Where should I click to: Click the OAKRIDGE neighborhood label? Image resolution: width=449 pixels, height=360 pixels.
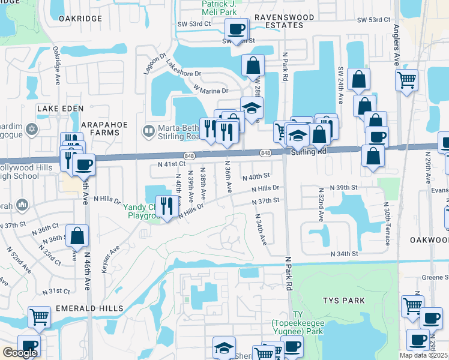(x=81, y=19)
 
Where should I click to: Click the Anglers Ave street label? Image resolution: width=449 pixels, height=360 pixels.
(x=396, y=44)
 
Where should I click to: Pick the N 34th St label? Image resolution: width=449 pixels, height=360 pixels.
(x=345, y=254)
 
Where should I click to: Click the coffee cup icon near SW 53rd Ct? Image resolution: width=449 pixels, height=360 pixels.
(x=236, y=28)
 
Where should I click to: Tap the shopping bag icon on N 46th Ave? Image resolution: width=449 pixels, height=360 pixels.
(x=77, y=236)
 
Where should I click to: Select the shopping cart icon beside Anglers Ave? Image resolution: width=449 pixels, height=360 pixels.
(x=406, y=79)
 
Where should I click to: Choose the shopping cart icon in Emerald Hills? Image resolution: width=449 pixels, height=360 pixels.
(x=39, y=316)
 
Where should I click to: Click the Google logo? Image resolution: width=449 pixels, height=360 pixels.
(x=20, y=353)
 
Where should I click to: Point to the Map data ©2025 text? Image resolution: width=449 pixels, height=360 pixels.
(x=423, y=355)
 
